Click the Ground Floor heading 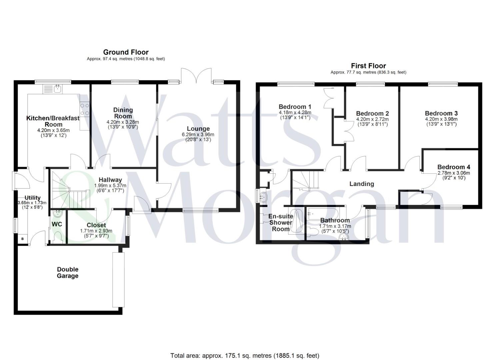click(126, 52)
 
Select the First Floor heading click(368, 66)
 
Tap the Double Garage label click(68, 273)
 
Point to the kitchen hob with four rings click(84, 109)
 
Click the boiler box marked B click(23, 239)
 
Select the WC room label click(57, 224)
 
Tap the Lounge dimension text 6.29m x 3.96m click(198, 135)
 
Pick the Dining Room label click(123, 113)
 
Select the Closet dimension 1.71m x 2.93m click(96, 231)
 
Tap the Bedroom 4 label click(454, 167)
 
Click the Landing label click(362, 184)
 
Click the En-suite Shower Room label click(281, 223)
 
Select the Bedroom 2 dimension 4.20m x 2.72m click(372, 119)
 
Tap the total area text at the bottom click(245, 356)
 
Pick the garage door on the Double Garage click(118, 280)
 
